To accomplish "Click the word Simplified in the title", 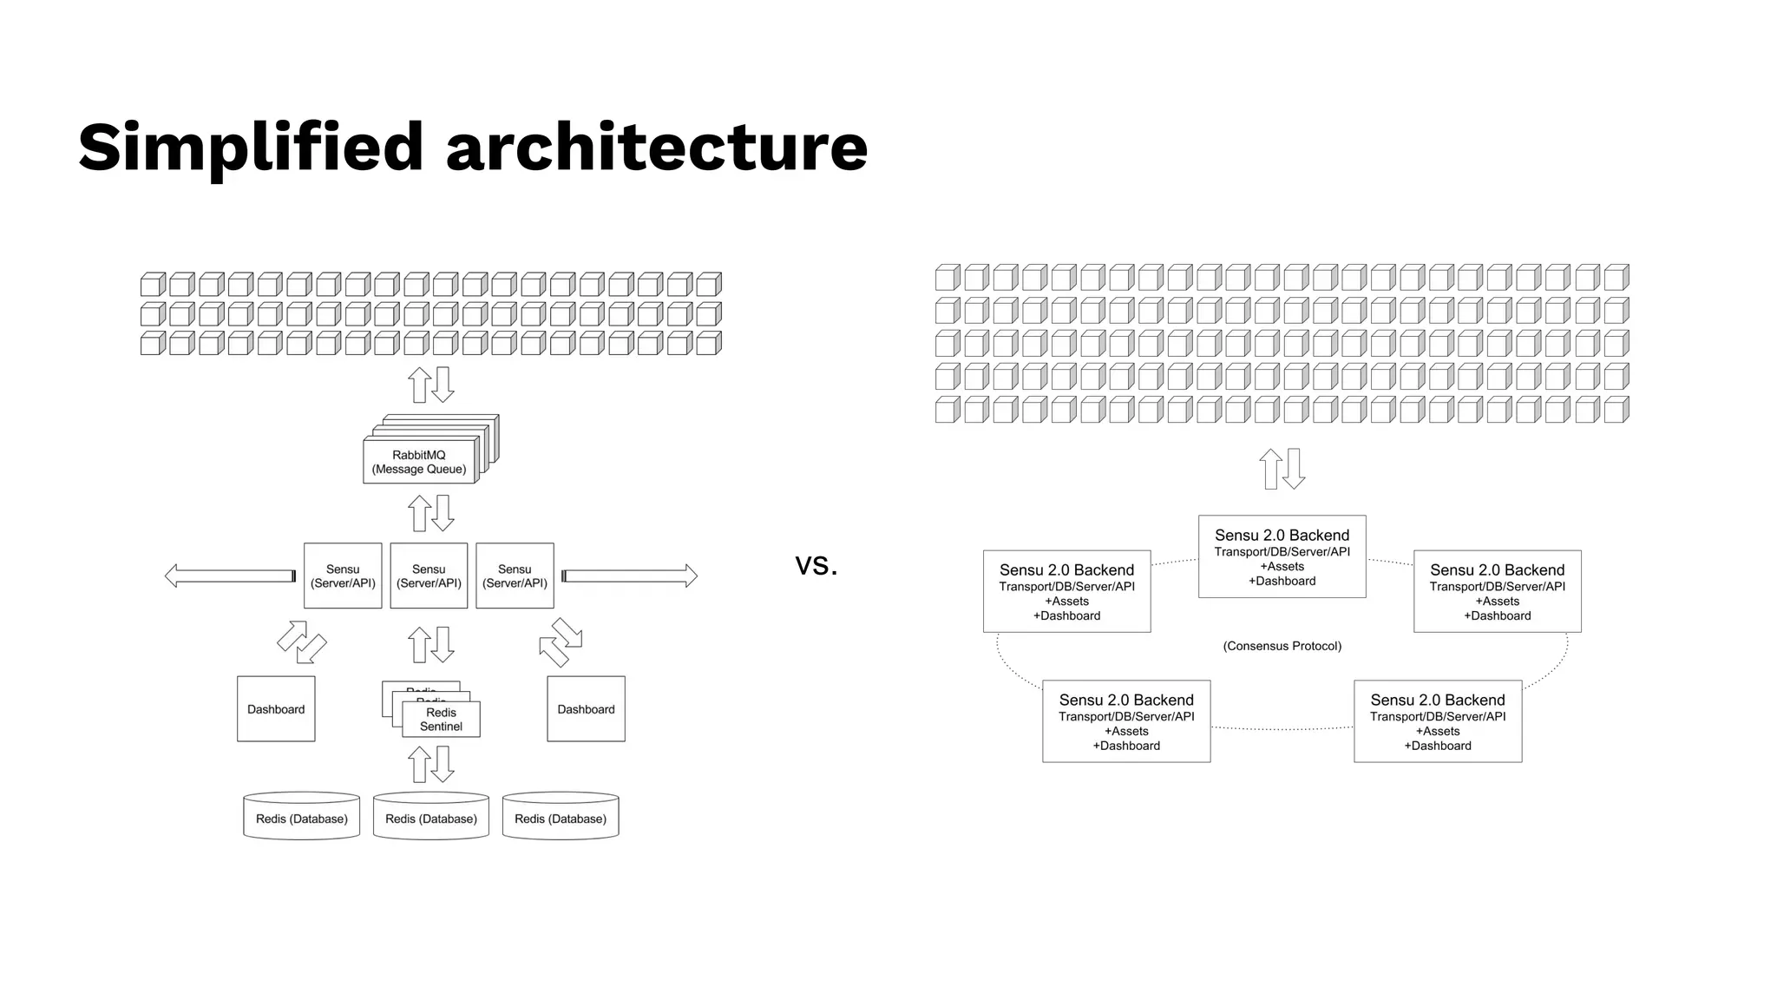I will tap(251, 148).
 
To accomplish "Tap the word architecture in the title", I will tap(656, 148).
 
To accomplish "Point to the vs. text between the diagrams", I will tap(816, 565).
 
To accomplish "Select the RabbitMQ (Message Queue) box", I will tap(419, 462).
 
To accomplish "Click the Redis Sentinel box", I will tap(441, 720).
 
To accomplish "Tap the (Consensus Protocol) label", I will tap(1282, 646).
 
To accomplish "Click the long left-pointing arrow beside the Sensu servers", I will tap(230, 576).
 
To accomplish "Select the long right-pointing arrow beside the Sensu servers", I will tap(630, 576).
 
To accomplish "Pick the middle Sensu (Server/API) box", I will tap(429, 576).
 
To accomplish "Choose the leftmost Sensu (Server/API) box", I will tap(343, 576).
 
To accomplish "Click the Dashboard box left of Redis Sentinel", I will tap(276, 709).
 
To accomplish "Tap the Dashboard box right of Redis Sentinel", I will tap(586, 709).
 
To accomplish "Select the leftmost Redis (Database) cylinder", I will tap(301, 817).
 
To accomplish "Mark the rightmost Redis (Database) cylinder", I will tap(561, 817).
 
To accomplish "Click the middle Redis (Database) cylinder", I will tap(431, 817).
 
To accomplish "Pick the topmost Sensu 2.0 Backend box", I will tap(1282, 556).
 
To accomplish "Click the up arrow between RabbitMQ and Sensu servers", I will tap(420, 513).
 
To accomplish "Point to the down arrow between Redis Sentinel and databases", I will tap(443, 764).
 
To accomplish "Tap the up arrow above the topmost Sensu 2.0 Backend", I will tap(1271, 469).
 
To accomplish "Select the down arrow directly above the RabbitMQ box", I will tap(443, 385).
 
